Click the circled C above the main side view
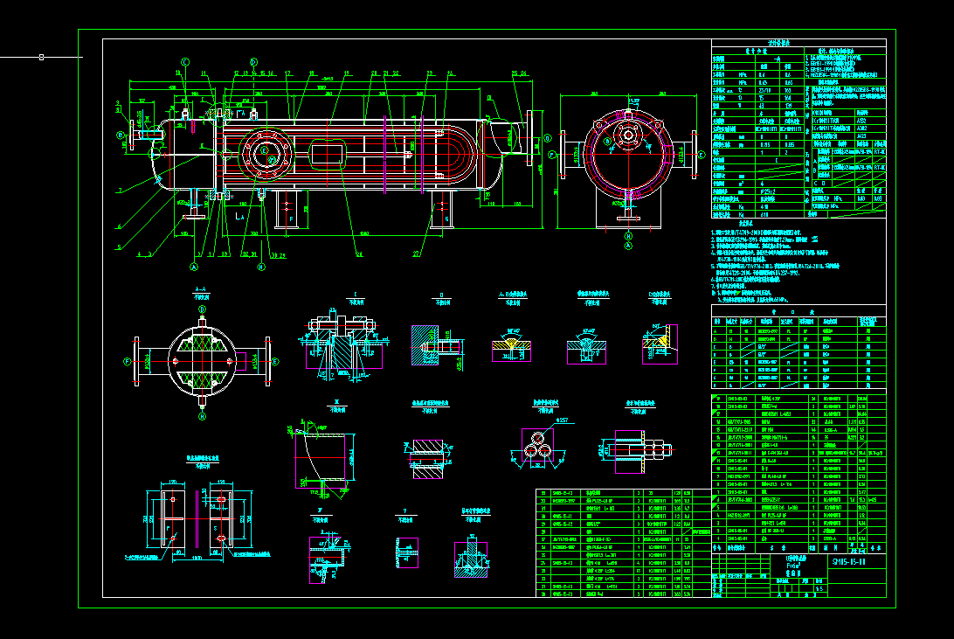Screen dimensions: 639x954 (185, 61)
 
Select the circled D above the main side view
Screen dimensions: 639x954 (253, 61)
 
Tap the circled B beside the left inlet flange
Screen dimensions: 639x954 (120, 135)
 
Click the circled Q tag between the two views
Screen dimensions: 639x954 (551, 155)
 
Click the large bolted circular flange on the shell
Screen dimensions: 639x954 (265, 151)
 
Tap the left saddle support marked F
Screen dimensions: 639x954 (287, 210)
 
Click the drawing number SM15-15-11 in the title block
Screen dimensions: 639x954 (849, 561)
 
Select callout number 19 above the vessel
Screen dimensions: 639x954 (347, 73)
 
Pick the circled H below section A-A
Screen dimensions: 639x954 (202, 417)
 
